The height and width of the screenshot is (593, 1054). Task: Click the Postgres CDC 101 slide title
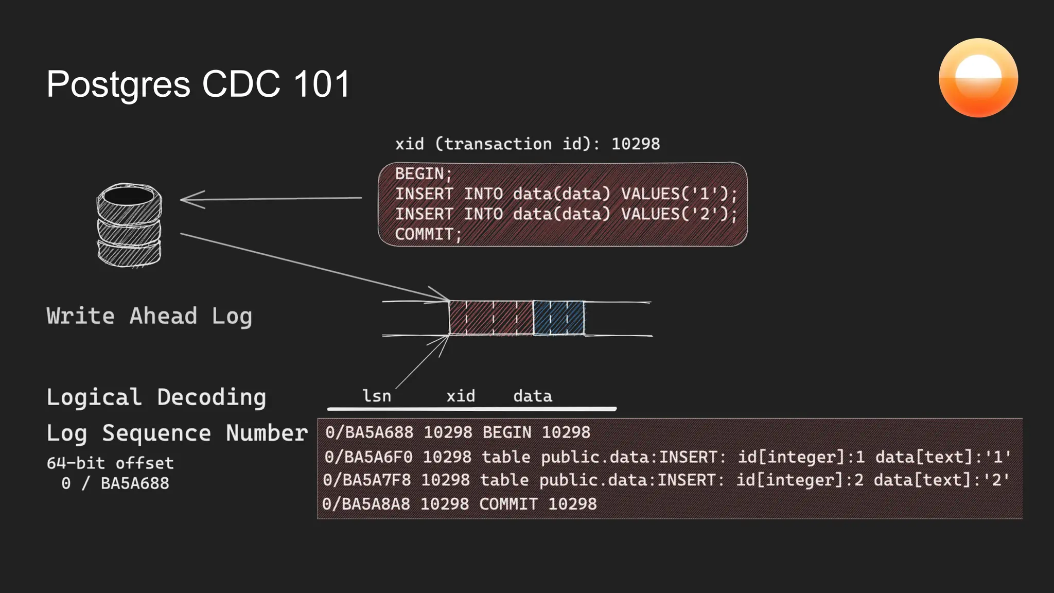[x=198, y=84]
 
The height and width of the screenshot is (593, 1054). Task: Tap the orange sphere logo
[x=978, y=78]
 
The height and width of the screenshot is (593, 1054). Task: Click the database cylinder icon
[x=129, y=225]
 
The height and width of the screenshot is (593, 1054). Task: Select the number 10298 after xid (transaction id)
[x=635, y=144]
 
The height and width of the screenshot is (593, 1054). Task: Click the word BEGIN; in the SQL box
[x=423, y=174]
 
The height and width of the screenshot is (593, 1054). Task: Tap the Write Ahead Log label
[x=149, y=316]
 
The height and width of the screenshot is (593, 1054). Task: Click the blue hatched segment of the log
[x=558, y=318]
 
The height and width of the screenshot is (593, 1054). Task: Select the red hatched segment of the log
[x=490, y=318]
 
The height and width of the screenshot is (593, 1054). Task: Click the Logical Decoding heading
[x=156, y=397]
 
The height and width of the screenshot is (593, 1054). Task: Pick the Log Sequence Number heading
[x=177, y=433]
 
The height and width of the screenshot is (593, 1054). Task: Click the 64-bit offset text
[x=110, y=463]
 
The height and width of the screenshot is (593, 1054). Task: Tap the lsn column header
[x=377, y=396]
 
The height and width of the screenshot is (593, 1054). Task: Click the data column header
[x=532, y=396]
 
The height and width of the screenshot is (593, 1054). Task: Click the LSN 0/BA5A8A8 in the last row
[x=366, y=503]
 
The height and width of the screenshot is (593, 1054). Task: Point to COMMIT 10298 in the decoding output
[x=538, y=503]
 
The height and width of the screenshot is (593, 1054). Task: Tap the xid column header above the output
[x=461, y=396]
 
